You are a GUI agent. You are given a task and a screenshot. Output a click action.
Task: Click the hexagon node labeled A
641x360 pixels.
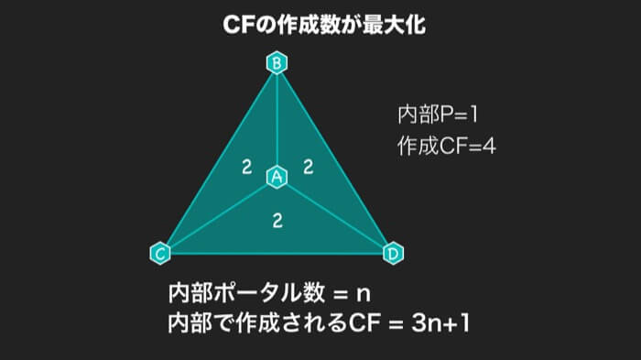pyautogui.click(x=277, y=177)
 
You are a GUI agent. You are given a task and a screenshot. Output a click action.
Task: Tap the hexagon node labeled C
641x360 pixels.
pyautogui.click(x=159, y=252)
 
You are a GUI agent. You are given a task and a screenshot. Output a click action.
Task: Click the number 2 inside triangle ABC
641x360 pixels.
pyautogui.click(x=246, y=167)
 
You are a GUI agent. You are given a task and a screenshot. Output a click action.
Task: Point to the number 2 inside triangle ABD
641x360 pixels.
pyautogui.click(x=309, y=167)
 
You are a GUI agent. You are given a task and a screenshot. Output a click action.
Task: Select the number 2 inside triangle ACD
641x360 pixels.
pyautogui.click(x=277, y=220)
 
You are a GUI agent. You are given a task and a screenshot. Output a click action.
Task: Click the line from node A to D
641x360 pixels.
pyautogui.click(x=335, y=214)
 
